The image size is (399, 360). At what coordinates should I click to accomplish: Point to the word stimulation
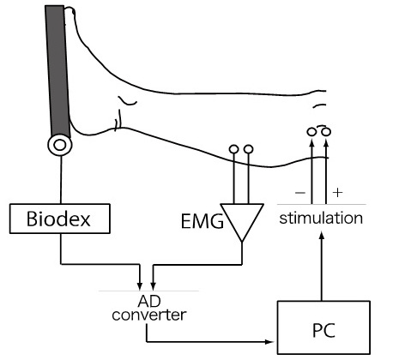(322, 218)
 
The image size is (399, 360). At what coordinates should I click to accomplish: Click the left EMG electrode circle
(233, 150)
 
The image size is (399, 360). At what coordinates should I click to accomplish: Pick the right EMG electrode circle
(249, 150)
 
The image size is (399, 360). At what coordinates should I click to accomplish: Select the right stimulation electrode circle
(326, 133)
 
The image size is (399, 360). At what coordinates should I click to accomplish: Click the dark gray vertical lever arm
(54, 69)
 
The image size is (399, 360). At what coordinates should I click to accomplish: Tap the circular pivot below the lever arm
(59, 145)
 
